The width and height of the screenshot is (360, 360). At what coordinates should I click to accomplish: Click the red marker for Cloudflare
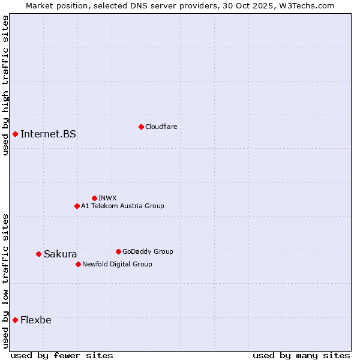coord(141,127)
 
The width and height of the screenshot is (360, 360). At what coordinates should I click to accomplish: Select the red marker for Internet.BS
coord(15,134)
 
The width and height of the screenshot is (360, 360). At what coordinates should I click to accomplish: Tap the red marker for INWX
coord(94,198)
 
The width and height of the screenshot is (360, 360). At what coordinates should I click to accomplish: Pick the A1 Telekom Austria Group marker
coord(77,206)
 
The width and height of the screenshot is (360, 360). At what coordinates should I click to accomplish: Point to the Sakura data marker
coord(38,254)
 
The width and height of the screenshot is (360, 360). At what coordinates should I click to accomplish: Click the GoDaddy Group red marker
coord(118,251)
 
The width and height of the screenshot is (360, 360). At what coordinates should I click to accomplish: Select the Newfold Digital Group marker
coord(78,264)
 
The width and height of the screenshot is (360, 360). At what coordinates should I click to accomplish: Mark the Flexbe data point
coord(15,320)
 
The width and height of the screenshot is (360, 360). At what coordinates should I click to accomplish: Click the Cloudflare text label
coord(161,127)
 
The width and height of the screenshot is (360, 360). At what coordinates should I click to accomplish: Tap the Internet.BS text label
coord(48,134)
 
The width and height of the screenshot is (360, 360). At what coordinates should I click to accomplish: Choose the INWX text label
coord(107,198)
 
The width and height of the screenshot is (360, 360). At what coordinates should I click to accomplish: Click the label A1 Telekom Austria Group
coord(122,206)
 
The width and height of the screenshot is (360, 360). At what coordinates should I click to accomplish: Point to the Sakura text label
coord(60,254)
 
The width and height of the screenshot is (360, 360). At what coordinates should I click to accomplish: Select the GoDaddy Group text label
coord(148,251)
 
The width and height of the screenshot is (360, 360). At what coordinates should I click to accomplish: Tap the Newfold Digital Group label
coord(117,264)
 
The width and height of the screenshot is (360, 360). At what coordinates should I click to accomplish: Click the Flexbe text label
coord(35,320)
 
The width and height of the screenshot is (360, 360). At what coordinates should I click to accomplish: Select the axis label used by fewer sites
coord(62,355)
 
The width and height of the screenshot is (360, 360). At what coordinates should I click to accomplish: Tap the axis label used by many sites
coord(301,355)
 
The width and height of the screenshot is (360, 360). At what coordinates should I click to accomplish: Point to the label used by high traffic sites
coord(5,85)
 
